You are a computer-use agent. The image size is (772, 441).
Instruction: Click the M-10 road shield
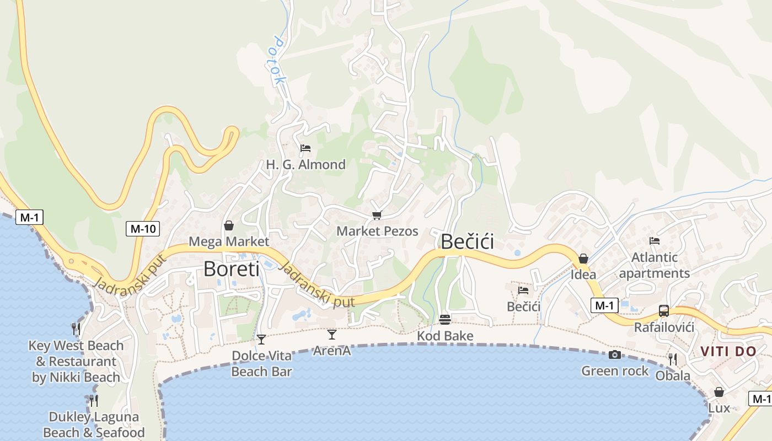tap(142, 228)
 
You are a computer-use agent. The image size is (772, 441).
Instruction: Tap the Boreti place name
tap(231, 269)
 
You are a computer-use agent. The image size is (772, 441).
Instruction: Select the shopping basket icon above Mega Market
tap(229, 225)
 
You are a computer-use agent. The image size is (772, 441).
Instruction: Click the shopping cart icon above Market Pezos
tap(377, 215)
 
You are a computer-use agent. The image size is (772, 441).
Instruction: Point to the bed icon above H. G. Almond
tap(305, 148)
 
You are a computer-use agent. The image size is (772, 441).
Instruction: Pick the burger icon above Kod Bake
tap(445, 319)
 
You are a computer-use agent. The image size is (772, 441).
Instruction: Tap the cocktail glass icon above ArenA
tap(332, 334)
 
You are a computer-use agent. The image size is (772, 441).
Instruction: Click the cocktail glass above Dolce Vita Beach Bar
tap(261, 339)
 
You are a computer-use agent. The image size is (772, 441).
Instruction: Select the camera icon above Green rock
tap(615, 354)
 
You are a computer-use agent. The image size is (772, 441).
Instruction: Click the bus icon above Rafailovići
tap(664, 311)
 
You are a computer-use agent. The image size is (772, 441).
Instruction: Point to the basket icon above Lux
tap(719, 392)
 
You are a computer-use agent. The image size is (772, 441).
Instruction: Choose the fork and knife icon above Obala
tap(673, 359)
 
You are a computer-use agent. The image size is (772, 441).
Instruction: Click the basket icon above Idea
tap(583, 259)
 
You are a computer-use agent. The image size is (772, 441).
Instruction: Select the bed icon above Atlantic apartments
tap(655, 241)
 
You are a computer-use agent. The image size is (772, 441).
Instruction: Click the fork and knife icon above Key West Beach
tap(76, 329)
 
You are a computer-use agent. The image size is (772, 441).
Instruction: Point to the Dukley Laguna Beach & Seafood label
tap(94, 424)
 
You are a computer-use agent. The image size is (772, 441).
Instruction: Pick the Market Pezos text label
tap(378, 231)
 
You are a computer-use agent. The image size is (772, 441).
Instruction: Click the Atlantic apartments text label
tap(655, 265)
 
